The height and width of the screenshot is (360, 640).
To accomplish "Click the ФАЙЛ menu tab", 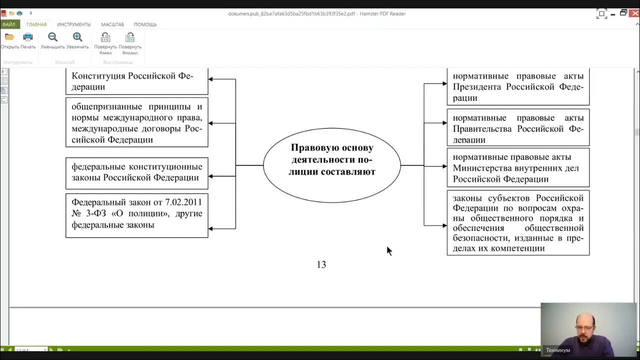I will [x=8, y=24].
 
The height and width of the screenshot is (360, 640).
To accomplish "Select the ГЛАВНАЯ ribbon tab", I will [x=36, y=24].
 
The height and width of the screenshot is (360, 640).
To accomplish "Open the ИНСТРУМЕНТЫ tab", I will [x=73, y=24].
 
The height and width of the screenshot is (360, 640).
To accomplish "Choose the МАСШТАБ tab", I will [x=112, y=24].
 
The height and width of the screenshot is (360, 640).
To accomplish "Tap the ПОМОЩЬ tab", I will [x=145, y=24].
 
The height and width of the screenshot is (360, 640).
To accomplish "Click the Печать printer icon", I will [x=28, y=37].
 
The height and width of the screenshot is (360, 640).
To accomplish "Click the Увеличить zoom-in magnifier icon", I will [x=77, y=37].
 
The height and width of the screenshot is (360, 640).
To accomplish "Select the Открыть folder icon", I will [x=9, y=37].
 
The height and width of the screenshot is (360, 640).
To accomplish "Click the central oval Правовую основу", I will [x=332, y=165].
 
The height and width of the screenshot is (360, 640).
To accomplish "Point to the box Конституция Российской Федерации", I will [x=136, y=81].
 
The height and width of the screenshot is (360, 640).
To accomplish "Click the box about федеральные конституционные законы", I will [x=136, y=172].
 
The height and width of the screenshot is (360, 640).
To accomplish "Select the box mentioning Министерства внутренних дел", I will [x=517, y=168].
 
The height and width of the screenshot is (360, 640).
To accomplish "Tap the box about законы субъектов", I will [x=517, y=223].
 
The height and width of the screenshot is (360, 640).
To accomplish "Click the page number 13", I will [x=321, y=265].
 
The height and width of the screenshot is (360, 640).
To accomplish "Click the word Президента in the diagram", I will [x=477, y=87].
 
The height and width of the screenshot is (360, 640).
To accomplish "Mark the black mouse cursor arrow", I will [x=389, y=250].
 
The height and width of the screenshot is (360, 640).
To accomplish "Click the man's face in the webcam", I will [x=583, y=324].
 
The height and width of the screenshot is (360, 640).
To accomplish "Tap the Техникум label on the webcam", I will [x=557, y=350].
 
